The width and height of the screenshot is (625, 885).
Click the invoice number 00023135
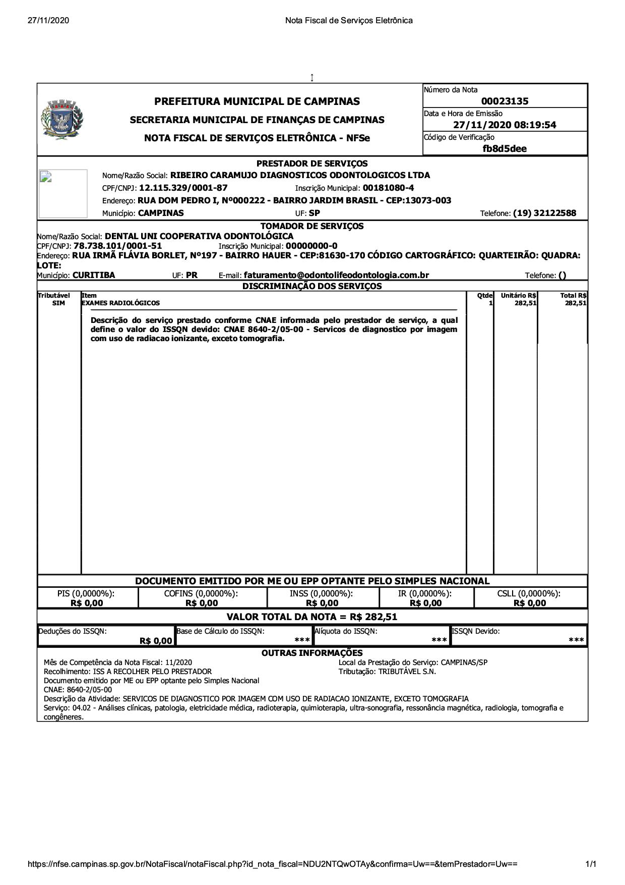505,101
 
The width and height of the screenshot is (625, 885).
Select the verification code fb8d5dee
505,148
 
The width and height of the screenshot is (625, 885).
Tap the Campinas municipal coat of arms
62,120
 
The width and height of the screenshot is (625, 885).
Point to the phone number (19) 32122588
544,213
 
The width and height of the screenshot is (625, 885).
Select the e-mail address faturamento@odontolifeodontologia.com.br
336,275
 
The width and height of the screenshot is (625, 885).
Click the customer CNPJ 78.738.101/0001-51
118,246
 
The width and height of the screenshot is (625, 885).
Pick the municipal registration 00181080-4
388,188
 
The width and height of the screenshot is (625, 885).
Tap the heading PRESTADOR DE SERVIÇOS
312,163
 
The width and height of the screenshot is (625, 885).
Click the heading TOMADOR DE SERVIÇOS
312,226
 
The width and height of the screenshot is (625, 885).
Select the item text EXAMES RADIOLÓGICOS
120,303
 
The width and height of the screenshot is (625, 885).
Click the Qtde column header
484,296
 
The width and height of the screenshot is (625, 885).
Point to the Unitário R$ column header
518,296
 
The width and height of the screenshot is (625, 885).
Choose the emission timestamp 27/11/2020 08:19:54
505,125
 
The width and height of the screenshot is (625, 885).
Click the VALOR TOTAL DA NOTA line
312,617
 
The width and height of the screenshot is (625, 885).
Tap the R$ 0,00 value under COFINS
202,603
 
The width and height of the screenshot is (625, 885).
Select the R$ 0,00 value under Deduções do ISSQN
156,641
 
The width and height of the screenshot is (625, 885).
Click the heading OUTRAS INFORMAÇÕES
312,653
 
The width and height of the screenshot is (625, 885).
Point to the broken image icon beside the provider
47,177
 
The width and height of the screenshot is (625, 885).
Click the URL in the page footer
273,864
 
